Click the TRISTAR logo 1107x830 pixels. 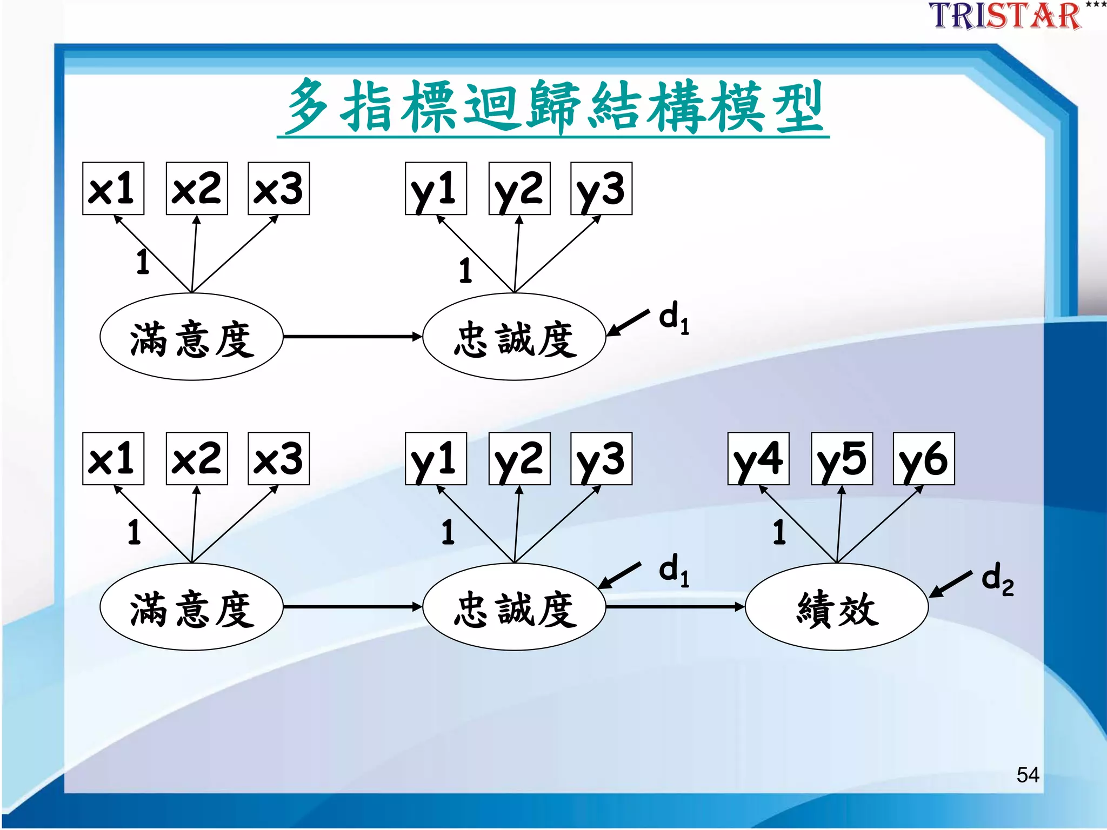pyautogui.click(x=1005, y=16)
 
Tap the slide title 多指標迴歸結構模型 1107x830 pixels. pyautogui.click(x=553, y=106)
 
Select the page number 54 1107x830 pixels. pyautogui.click(x=1027, y=775)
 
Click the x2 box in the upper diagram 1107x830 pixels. pyautogui.click(x=197, y=189)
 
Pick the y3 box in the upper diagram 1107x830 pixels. pyautogui.click(x=601, y=189)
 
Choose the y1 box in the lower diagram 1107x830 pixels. pyautogui.click(x=436, y=459)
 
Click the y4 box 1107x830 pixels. pyautogui.click(x=758, y=459)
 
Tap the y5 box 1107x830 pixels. pyautogui.click(x=842, y=459)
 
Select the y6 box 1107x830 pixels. pyautogui.click(x=924, y=459)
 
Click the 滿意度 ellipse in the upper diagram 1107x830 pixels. pyautogui.click(x=191, y=337)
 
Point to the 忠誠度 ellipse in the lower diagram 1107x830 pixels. pyautogui.click(x=514, y=607)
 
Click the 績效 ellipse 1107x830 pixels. pyautogui.click(x=837, y=607)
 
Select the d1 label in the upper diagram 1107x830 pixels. pyautogui.click(x=673, y=318)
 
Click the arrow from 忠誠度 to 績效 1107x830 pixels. pyautogui.click(x=676, y=607)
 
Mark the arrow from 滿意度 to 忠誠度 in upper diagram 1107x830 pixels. pyautogui.click(x=352, y=337)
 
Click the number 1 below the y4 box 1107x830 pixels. pyautogui.click(x=779, y=532)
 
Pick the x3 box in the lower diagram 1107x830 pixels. pyautogui.click(x=278, y=459)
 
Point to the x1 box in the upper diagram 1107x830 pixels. pyautogui.click(x=113, y=189)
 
